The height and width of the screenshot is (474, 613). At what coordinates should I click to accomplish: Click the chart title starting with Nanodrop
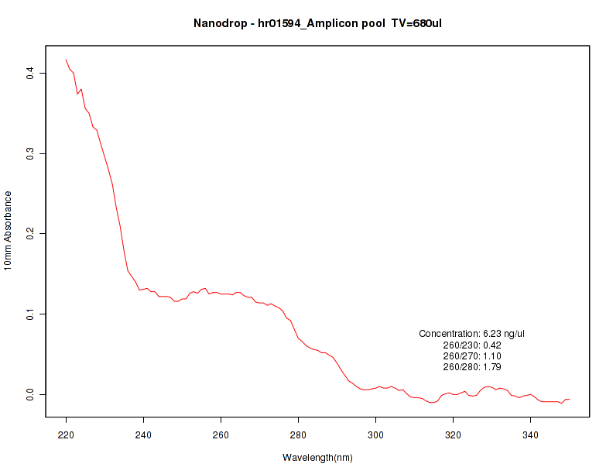[x=317, y=23]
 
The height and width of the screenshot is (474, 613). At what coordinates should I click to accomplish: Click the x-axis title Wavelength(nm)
[x=317, y=458]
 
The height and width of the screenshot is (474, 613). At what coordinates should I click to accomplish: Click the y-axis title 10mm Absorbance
[x=9, y=230]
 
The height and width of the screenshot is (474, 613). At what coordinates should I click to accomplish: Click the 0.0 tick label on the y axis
[x=30, y=395]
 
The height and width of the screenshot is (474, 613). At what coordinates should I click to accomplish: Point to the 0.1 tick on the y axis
[x=30, y=314]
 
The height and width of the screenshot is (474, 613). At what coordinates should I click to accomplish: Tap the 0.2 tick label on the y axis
[x=30, y=233]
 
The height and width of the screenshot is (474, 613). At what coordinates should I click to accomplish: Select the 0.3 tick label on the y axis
[x=30, y=153]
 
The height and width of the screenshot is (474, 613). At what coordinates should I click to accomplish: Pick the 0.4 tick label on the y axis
[x=30, y=73]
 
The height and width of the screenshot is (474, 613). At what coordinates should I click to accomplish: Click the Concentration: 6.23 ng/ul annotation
[x=472, y=334]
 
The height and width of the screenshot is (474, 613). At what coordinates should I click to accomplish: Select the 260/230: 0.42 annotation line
[x=472, y=345]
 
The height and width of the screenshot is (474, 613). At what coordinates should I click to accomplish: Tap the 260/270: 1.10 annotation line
[x=472, y=355]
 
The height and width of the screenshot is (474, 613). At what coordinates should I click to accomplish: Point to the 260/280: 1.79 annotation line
[x=472, y=366]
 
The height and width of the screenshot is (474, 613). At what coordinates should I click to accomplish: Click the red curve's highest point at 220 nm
[x=67, y=60]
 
